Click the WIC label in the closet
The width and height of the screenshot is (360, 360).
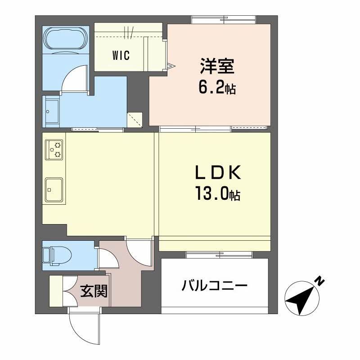coord(121,56)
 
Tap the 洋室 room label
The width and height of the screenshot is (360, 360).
coord(216,67)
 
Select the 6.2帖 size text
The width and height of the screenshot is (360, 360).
coord(217,87)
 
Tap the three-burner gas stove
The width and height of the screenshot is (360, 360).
coord(54,150)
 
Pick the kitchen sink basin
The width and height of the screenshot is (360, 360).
coord(54,189)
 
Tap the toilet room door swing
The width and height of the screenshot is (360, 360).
coord(108,260)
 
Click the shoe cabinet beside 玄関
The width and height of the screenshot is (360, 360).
coord(57,290)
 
